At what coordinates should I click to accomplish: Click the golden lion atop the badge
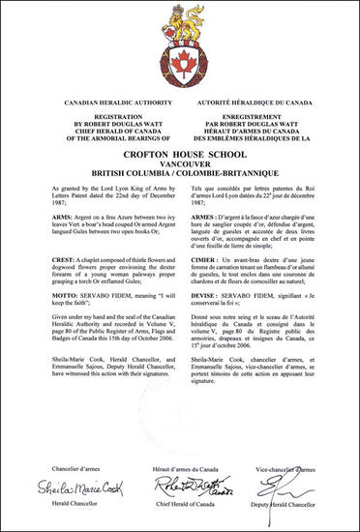coord(180,18)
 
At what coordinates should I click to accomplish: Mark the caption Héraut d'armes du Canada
coord(180,469)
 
